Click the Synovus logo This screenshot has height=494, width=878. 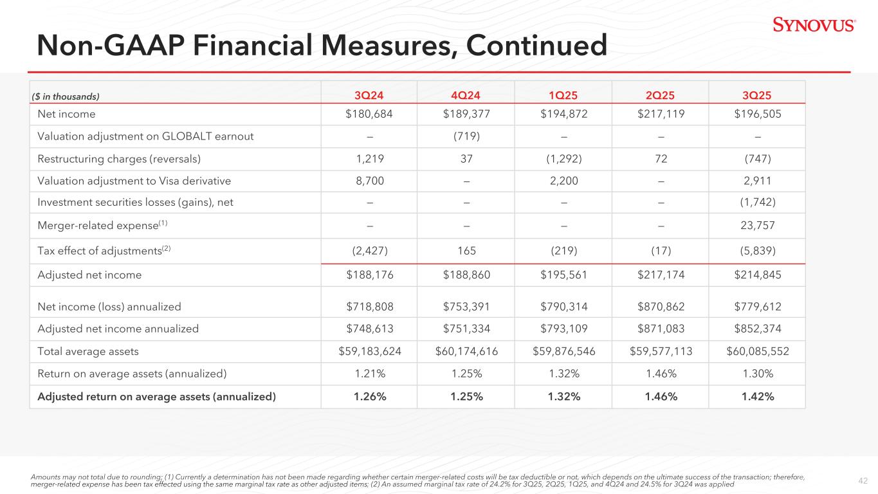pyautogui.click(x=814, y=25)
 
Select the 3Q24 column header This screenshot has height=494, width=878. pyautogui.click(x=369, y=96)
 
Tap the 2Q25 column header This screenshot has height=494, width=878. pyautogui.click(x=660, y=96)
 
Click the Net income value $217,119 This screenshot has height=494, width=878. pyautogui.click(x=660, y=114)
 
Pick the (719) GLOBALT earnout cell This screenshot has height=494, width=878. pyautogui.click(x=466, y=136)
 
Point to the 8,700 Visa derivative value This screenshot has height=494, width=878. pyautogui.click(x=369, y=181)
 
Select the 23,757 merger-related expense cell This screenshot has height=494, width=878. pyautogui.click(x=757, y=226)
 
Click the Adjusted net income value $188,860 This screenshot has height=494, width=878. pyautogui.click(x=466, y=275)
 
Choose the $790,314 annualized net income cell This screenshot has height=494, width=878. pyautogui.click(x=563, y=307)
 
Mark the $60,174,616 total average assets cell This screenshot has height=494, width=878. pyautogui.click(x=466, y=351)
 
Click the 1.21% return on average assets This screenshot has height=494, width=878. pyautogui.click(x=369, y=374)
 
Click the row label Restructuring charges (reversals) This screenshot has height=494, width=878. pyautogui.click(x=109, y=159)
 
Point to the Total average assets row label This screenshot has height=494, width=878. pyautogui.click(x=88, y=351)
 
